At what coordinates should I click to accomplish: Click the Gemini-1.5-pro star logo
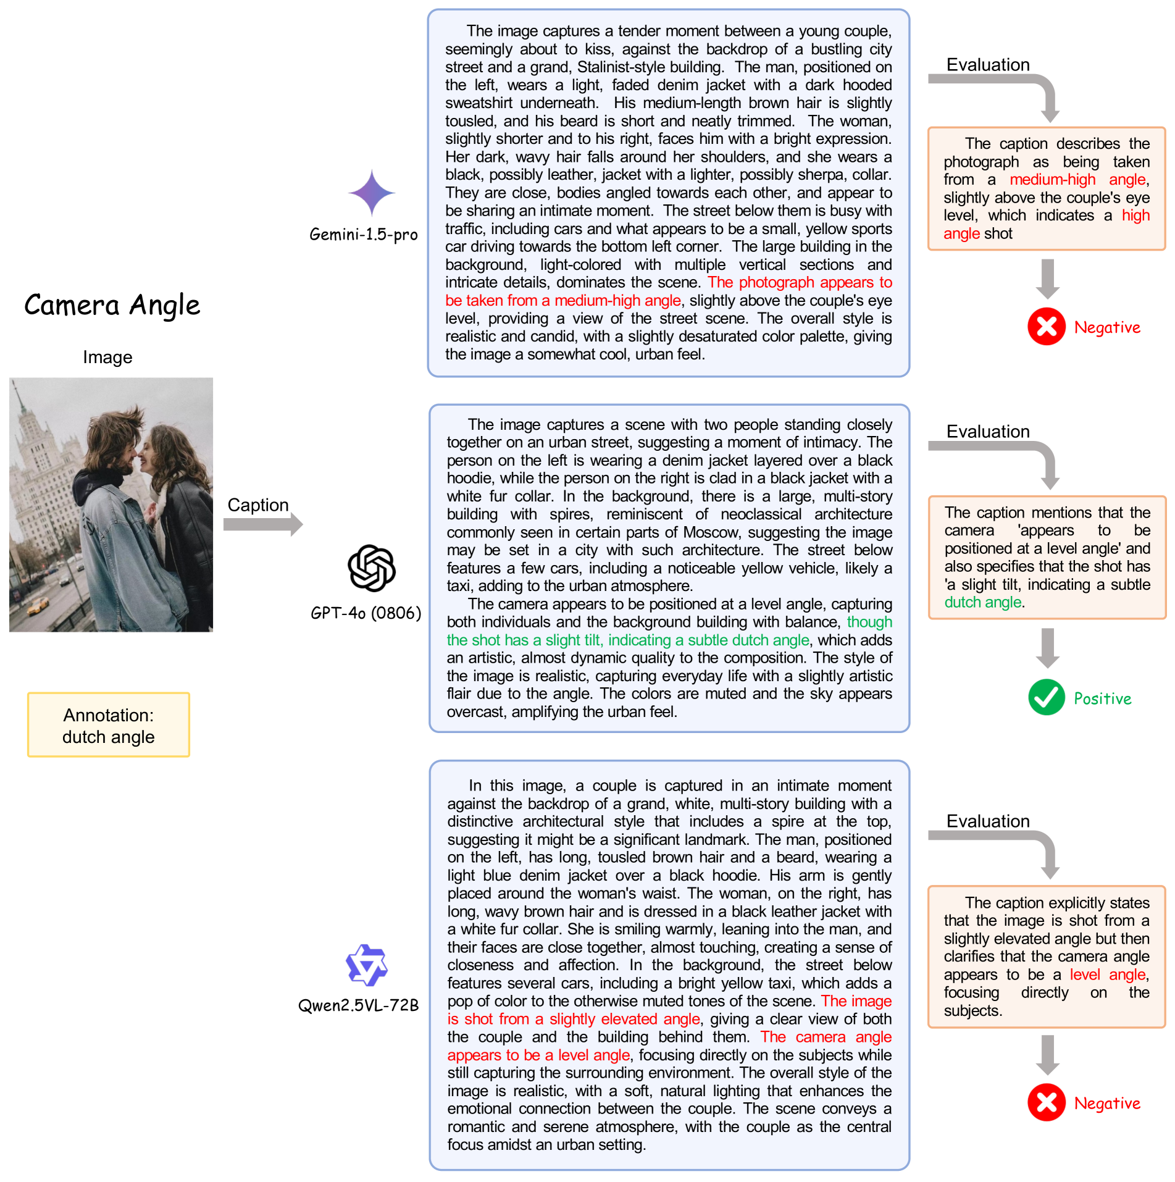[x=372, y=193]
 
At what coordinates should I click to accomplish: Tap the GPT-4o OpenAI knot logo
[x=372, y=568]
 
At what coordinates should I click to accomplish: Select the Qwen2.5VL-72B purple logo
[x=367, y=965]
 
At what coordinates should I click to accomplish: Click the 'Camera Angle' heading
[x=112, y=305]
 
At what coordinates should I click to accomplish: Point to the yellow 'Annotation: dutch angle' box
[x=109, y=725]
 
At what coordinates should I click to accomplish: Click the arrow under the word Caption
[x=263, y=524]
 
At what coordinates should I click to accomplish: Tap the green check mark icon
[x=1046, y=697]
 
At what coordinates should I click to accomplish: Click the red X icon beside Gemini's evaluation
[x=1046, y=326]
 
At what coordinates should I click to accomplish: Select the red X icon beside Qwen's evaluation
[x=1046, y=1102]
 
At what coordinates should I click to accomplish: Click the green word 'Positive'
[x=1103, y=698]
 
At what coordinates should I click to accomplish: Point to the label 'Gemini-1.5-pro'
[x=364, y=235]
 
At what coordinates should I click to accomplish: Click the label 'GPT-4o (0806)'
[x=366, y=613]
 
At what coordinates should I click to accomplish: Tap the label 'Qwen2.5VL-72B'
[x=358, y=1005]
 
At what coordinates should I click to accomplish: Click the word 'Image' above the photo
[x=107, y=357]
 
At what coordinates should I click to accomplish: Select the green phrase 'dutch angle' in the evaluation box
[x=983, y=602]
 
